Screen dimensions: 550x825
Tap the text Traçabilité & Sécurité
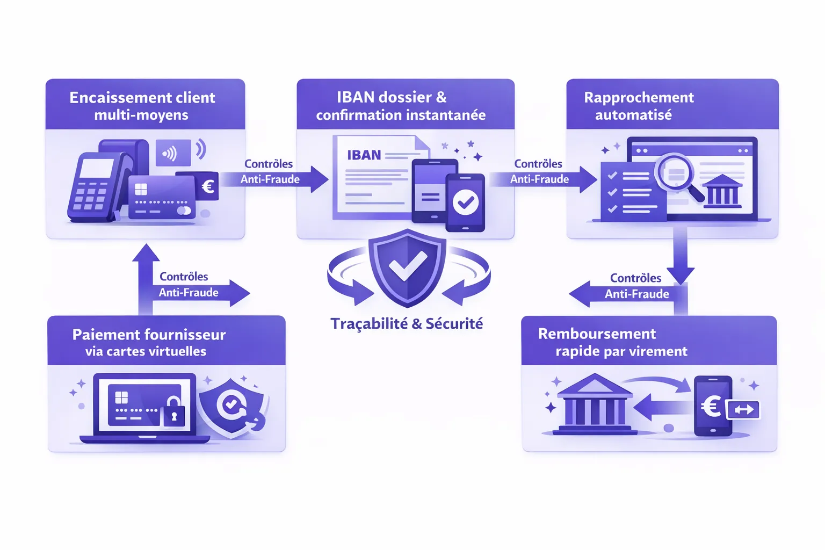(x=407, y=324)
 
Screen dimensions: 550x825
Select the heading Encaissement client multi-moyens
(x=142, y=106)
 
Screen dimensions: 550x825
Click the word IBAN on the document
(x=364, y=155)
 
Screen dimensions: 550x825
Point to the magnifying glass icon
(x=678, y=175)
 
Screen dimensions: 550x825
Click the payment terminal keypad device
(x=92, y=186)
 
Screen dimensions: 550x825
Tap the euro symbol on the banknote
(x=208, y=186)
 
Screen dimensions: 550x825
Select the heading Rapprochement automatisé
(x=638, y=106)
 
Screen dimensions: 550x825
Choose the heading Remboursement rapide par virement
(x=612, y=342)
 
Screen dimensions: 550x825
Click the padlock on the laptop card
(x=173, y=412)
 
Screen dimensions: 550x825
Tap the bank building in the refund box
(x=594, y=406)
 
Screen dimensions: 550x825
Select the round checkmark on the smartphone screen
(x=465, y=202)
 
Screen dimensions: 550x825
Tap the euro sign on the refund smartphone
(x=712, y=406)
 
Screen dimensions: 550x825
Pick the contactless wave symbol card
(x=173, y=153)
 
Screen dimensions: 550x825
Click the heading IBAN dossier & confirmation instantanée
(x=400, y=106)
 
